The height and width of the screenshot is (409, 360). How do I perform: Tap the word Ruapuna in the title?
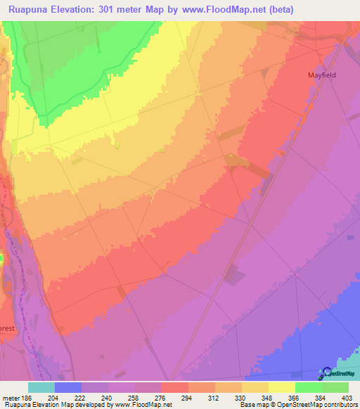[x=29, y=10]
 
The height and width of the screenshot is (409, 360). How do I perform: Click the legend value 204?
[x=68, y=398]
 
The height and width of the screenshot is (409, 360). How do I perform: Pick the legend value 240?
[x=122, y=398]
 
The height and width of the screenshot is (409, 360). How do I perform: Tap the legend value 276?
[x=175, y=398]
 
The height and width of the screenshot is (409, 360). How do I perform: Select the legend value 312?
[x=229, y=398]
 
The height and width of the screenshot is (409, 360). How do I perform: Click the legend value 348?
[x=282, y=398]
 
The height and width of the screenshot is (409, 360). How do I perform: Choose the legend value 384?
[x=335, y=398]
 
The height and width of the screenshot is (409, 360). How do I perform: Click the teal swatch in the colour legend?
[x=41, y=387]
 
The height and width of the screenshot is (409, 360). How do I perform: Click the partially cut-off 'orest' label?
[x=7, y=327]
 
